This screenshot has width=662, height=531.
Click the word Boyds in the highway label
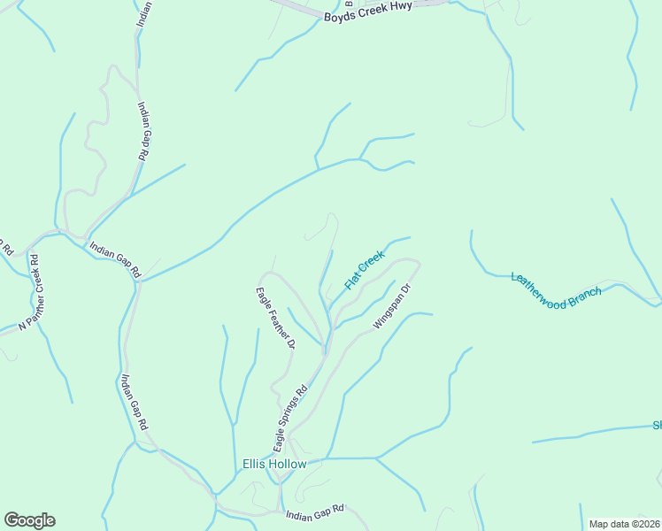pos(341,17)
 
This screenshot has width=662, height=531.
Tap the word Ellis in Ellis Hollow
pos(255,464)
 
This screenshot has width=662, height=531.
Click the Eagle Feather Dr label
pos(274,318)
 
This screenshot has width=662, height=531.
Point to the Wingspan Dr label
pos(393,306)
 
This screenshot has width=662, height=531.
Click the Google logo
pos(29,520)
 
